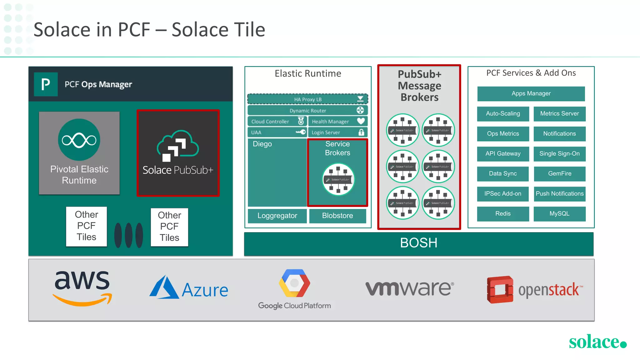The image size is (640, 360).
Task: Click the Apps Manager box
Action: pyautogui.click(x=531, y=93)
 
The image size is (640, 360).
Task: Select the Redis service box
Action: pyautogui.click(x=503, y=214)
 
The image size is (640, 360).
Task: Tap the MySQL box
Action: pyautogui.click(x=559, y=214)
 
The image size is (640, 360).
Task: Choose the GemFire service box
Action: pyautogui.click(x=559, y=174)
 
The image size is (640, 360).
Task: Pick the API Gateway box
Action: pyautogui.click(x=503, y=154)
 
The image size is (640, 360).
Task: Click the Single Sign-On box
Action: pyautogui.click(x=559, y=154)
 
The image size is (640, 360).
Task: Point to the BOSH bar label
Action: pyautogui.click(x=418, y=243)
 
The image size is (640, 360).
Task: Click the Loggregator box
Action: pyautogui.click(x=277, y=216)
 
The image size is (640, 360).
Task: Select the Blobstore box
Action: pyautogui.click(x=337, y=216)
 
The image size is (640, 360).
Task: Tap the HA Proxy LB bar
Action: pyautogui.click(x=307, y=99)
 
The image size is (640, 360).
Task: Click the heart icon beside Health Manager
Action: pyautogui.click(x=361, y=121)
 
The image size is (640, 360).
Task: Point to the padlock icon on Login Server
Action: pyautogui.click(x=361, y=132)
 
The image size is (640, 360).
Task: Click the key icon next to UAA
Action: pyautogui.click(x=301, y=132)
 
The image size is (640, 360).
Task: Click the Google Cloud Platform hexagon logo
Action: pyautogui.click(x=294, y=283)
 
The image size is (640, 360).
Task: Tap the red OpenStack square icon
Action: pyautogui.click(x=500, y=289)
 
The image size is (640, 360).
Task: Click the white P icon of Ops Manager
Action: pyautogui.click(x=46, y=84)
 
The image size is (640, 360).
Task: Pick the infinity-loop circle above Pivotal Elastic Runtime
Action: pyautogui.click(x=79, y=140)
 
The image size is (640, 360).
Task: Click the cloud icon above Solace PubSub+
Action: pyautogui.click(x=177, y=146)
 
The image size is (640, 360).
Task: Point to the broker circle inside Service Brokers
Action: pyautogui.click(x=338, y=179)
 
